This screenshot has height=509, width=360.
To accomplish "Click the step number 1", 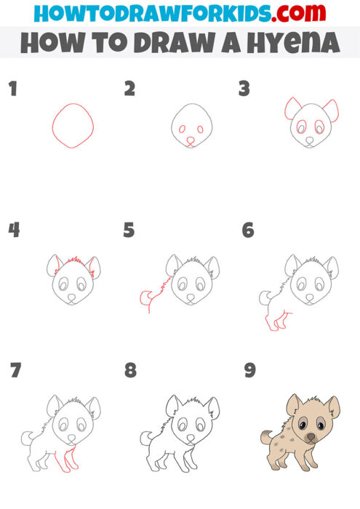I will tap(12, 89).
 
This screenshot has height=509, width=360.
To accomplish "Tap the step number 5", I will tap(129, 231).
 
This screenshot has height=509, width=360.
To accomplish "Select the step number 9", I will tap(249, 370).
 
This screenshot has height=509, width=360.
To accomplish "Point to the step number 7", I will tap(15, 370).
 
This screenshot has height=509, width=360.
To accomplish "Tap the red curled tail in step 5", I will tap(145, 295).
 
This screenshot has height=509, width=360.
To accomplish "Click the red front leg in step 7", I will tap(71, 460).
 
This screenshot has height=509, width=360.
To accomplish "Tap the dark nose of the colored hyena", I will tap(311, 438).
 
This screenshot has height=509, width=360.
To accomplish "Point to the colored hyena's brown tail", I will tap(266, 436).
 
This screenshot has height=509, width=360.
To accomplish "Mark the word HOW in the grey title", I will tap(51, 43).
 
